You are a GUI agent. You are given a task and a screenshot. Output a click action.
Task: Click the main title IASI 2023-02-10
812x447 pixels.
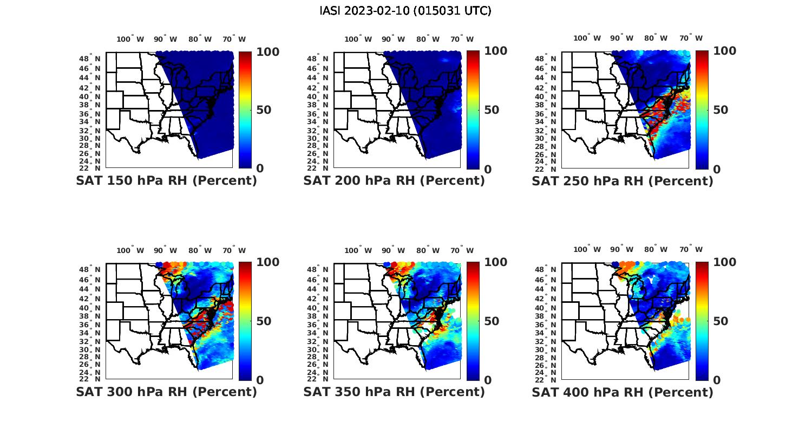point(405,11)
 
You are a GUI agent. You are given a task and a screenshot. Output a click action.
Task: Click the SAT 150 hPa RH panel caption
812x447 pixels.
point(166,181)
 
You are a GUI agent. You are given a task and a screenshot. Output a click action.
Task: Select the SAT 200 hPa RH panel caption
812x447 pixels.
point(394,181)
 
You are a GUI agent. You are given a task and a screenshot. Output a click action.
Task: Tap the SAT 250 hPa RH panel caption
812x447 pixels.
point(623,181)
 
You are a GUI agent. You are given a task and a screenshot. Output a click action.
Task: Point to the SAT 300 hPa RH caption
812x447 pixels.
point(166,392)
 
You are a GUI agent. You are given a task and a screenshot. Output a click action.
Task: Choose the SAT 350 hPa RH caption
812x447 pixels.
point(394,392)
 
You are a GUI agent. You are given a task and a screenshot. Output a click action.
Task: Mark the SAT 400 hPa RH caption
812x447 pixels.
point(623,392)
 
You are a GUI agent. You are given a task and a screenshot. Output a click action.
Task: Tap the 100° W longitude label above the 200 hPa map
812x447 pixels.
point(358,39)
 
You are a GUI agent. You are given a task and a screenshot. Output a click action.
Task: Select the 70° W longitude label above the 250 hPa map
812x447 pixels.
point(691,38)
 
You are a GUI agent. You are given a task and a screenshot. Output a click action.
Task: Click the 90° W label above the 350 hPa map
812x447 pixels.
point(393,250)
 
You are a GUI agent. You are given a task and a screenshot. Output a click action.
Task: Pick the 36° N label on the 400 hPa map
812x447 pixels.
point(546,325)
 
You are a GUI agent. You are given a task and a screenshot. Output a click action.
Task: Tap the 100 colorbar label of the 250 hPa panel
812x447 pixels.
point(724,51)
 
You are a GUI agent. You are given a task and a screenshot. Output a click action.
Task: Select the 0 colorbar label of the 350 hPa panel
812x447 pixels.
point(487,380)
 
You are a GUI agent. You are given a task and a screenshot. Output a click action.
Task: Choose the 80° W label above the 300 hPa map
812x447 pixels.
point(200,250)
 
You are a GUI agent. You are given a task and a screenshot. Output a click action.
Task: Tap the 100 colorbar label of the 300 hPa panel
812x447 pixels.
point(267,262)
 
